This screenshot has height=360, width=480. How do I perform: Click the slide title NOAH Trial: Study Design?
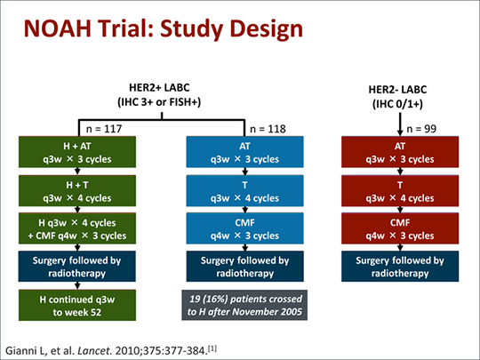click(x=164, y=28)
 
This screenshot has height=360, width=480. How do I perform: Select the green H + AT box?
click(x=77, y=152)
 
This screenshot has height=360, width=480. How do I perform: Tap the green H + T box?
click(x=77, y=191)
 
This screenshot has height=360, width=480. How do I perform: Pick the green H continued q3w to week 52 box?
click(x=77, y=305)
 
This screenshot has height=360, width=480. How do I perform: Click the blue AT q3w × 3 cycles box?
click(x=245, y=152)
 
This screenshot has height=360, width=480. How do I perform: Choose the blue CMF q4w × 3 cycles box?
click(x=245, y=228)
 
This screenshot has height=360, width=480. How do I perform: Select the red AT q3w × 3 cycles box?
click(x=400, y=152)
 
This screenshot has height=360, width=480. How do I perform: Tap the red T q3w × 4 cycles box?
click(x=400, y=191)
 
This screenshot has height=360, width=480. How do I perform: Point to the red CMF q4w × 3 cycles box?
click(x=400, y=228)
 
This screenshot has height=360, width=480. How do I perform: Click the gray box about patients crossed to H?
click(x=244, y=305)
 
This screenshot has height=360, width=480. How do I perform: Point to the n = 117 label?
click(x=104, y=129)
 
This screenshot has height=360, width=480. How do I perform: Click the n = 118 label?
click(x=268, y=129)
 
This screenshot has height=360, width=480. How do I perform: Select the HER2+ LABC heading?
click(x=159, y=87)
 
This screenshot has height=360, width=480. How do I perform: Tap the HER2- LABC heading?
click(x=397, y=90)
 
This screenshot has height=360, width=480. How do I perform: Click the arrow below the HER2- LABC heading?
click(x=400, y=124)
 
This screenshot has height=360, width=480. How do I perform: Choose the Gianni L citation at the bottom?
click(x=111, y=350)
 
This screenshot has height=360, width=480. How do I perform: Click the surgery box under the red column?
click(x=400, y=267)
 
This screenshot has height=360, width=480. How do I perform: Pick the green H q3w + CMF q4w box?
click(x=77, y=228)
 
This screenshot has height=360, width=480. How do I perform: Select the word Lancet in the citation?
click(x=93, y=350)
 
